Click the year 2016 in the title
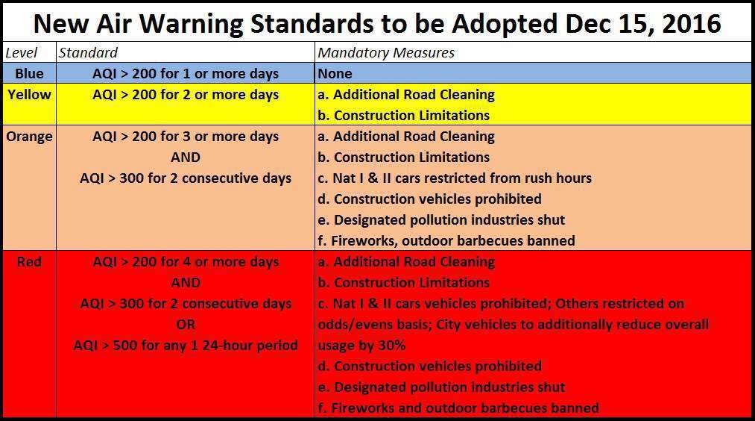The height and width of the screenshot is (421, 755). [691, 24]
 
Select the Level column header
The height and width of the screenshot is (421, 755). [22, 52]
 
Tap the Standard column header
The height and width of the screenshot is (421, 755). [88, 52]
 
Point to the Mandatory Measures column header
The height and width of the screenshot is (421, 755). [386, 52]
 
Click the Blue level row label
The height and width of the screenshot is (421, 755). [29, 73]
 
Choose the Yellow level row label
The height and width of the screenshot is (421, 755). [29, 94]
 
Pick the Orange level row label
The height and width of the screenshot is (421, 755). [29, 137]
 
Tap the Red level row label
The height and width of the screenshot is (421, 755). [29, 262]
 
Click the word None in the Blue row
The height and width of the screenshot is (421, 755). [335, 73]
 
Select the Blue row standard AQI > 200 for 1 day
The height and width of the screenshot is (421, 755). [186, 74]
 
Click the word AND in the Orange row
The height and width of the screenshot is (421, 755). [186, 158]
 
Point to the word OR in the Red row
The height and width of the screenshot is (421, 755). [186, 325]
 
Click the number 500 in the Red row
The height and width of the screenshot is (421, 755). [125, 346]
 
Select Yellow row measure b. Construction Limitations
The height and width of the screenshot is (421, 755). [403, 115]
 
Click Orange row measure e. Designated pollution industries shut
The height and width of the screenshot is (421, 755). [441, 220]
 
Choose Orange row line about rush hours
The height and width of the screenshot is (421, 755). [455, 178]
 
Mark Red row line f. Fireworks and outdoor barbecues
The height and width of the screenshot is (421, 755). [458, 408]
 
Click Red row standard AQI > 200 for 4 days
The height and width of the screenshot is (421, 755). [186, 262]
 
